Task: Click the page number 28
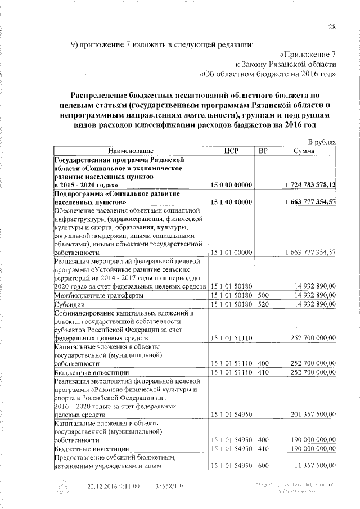[x=332, y=28]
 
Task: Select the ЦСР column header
[x=232, y=151]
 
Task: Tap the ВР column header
[x=263, y=151]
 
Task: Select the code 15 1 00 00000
[x=232, y=202]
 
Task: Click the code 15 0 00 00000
[x=232, y=185]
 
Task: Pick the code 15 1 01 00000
[x=232, y=253]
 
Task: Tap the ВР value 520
[x=263, y=304]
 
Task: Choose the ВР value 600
[x=263, y=466]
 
